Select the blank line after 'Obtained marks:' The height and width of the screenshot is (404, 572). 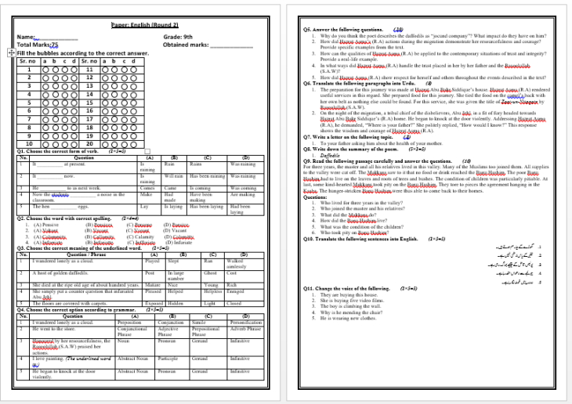(226, 45)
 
